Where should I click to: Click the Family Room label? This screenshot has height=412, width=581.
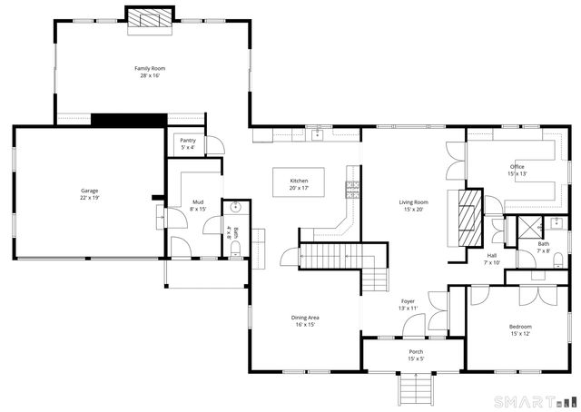pos(150,68)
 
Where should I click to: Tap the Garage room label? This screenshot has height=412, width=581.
pos(89,191)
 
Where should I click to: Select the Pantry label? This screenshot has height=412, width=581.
pos(188,141)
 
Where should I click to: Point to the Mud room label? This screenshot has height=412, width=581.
pos(197,201)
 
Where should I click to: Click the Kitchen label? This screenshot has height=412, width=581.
pos(299,181)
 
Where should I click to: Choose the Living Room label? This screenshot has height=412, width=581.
pos(413,202)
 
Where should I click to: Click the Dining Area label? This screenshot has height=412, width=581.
pos(304,318)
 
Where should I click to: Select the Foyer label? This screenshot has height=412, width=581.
pos(409,301)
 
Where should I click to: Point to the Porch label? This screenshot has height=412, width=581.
pos(415,351)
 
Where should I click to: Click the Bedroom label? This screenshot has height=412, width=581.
pos(520,327)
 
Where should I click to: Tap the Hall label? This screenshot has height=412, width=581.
pos(491,256)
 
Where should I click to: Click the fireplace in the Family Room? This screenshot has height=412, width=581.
pos(147,18)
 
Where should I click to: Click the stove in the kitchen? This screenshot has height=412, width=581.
pos(352,189)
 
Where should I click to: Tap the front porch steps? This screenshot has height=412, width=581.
pos(415,390)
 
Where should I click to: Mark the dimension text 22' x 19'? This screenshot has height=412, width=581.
pos(89,197)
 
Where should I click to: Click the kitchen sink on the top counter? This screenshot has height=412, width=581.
pos(318,135)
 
